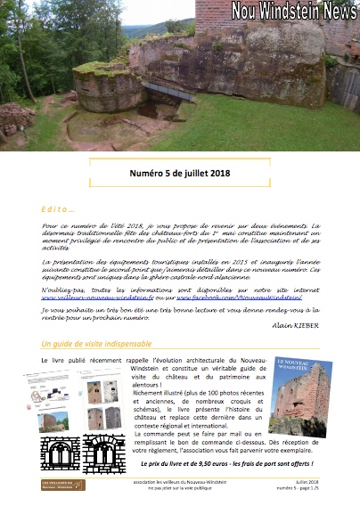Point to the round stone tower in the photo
click(110, 87)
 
